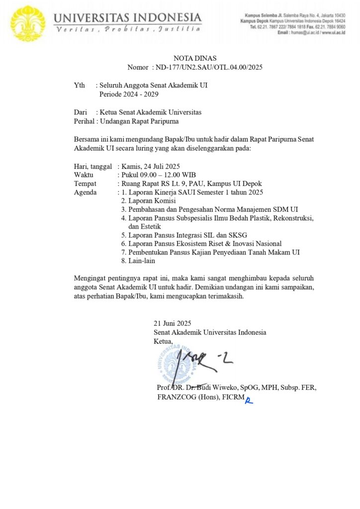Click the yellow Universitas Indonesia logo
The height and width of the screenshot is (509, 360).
coord(28,22)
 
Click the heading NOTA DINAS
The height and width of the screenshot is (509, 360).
coord(194,58)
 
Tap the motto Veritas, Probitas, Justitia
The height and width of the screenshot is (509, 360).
coord(127,30)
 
